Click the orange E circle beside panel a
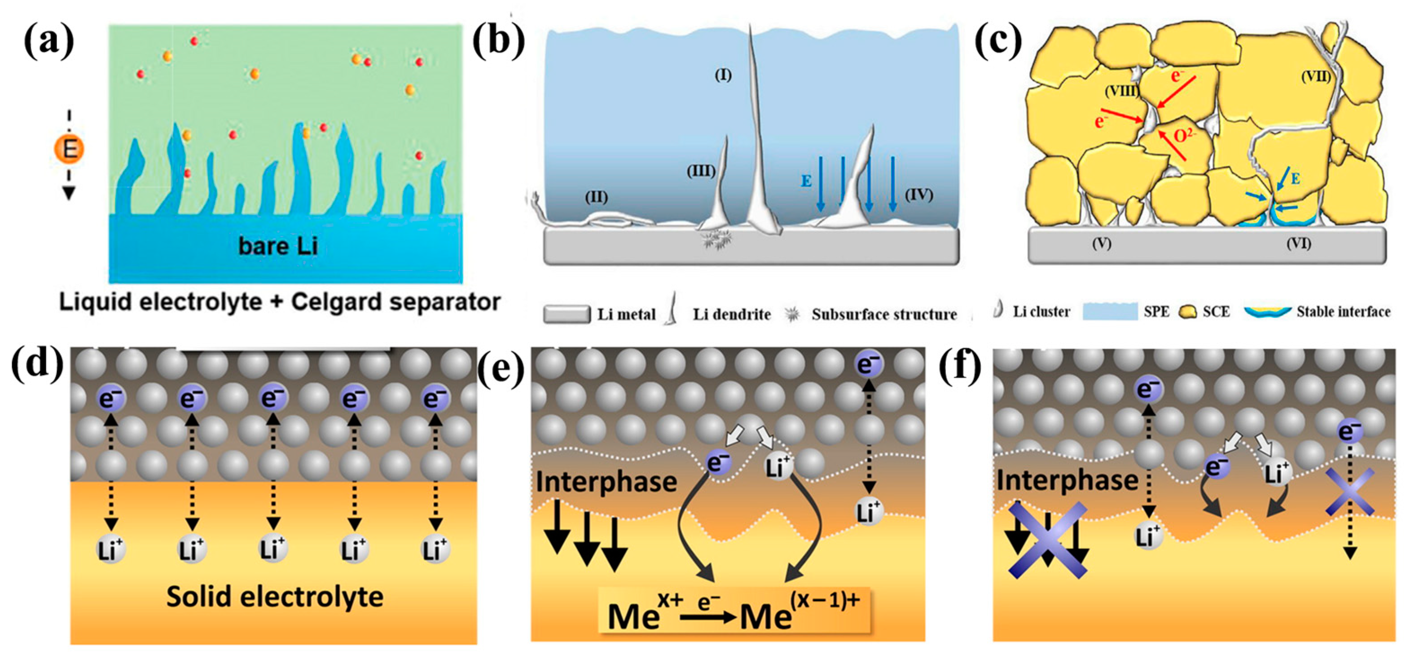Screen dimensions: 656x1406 [x=69, y=149]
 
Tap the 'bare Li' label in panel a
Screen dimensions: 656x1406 [x=278, y=246]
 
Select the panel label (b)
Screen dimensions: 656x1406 [x=499, y=41]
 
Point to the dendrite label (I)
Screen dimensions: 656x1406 [x=723, y=75]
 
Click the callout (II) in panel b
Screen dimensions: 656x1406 [x=596, y=197]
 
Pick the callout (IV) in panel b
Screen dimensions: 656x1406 [x=918, y=195]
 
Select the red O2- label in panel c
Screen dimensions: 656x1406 [x=1183, y=134]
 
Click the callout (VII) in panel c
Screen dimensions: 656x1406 [x=1315, y=77]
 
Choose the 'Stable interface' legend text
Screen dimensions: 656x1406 [x=1343, y=312]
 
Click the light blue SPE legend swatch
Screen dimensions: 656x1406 [x=1110, y=312]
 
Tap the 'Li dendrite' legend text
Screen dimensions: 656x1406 [x=731, y=315]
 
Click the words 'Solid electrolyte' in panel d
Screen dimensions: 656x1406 [x=275, y=596]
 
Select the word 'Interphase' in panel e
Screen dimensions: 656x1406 [x=606, y=482]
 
